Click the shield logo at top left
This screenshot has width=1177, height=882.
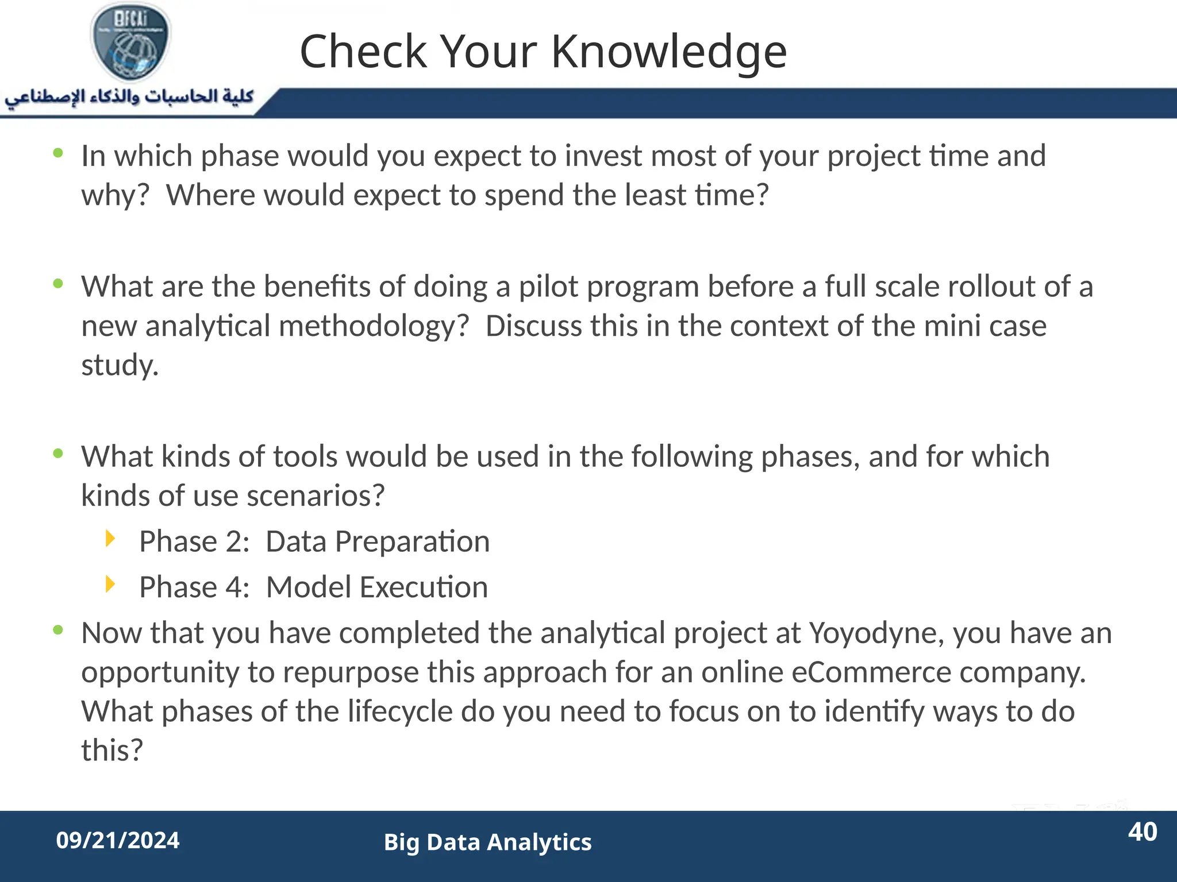click(x=130, y=42)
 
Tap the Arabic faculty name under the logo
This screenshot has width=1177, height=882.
click(x=129, y=96)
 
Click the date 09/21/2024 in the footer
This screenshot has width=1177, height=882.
click(x=118, y=841)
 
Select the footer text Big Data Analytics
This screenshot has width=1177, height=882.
click(x=487, y=842)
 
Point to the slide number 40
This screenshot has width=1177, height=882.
click(x=1142, y=832)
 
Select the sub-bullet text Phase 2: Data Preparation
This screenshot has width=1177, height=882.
click(x=314, y=541)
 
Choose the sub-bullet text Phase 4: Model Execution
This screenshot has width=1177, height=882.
click(x=313, y=587)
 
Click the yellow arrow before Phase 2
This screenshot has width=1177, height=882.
click(x=110, y=539)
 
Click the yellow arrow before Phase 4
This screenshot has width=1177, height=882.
click(x=110, y=585)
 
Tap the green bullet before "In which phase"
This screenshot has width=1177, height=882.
click(x=58, y=153)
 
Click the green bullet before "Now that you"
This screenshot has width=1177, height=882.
click(x=58, y=630)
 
